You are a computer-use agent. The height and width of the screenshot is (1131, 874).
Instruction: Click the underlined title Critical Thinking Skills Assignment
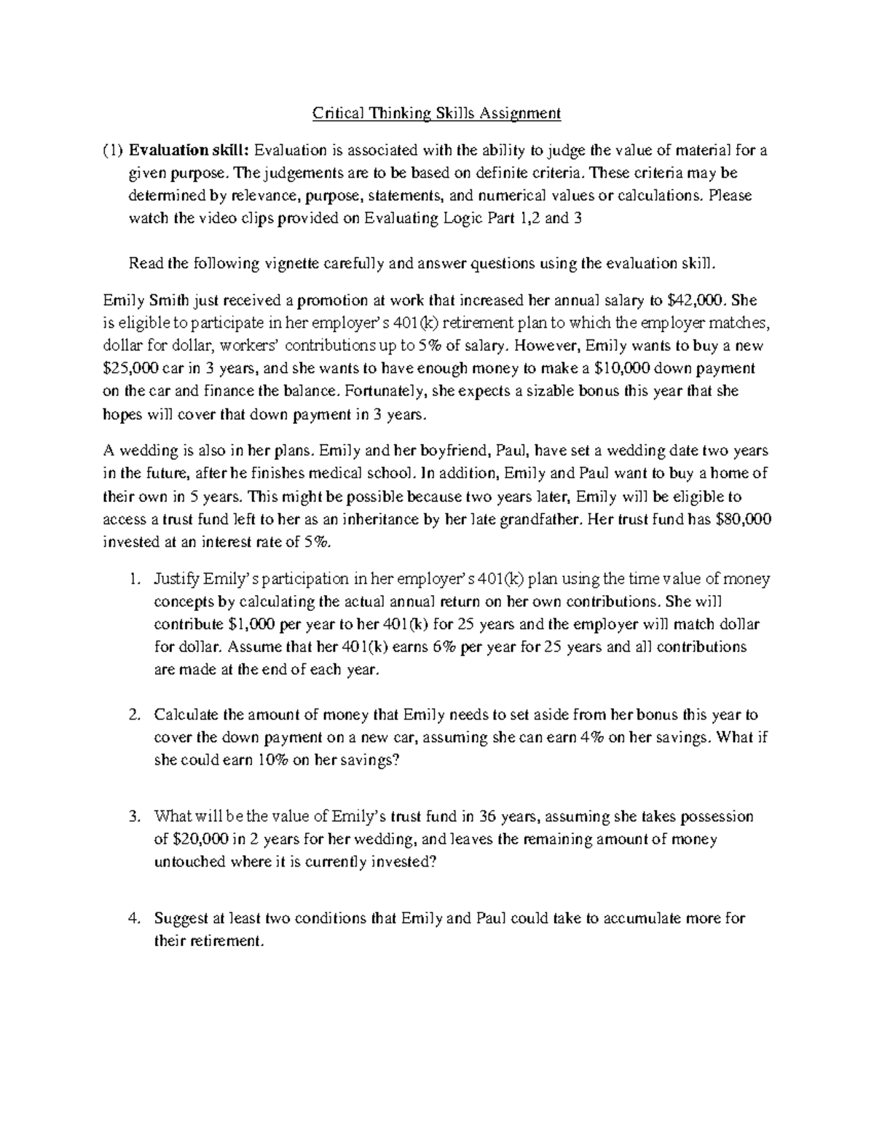click(x=437, y=114)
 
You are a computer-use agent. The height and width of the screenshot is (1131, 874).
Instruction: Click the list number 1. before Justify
click(x=133, y=580)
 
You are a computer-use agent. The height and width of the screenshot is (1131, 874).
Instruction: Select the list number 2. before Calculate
click(x=133, y=715)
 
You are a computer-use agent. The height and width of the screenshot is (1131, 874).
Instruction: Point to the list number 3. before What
click(x=133, y=816)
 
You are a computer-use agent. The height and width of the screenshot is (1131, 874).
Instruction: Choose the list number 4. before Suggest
click(x=133, y=918)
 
